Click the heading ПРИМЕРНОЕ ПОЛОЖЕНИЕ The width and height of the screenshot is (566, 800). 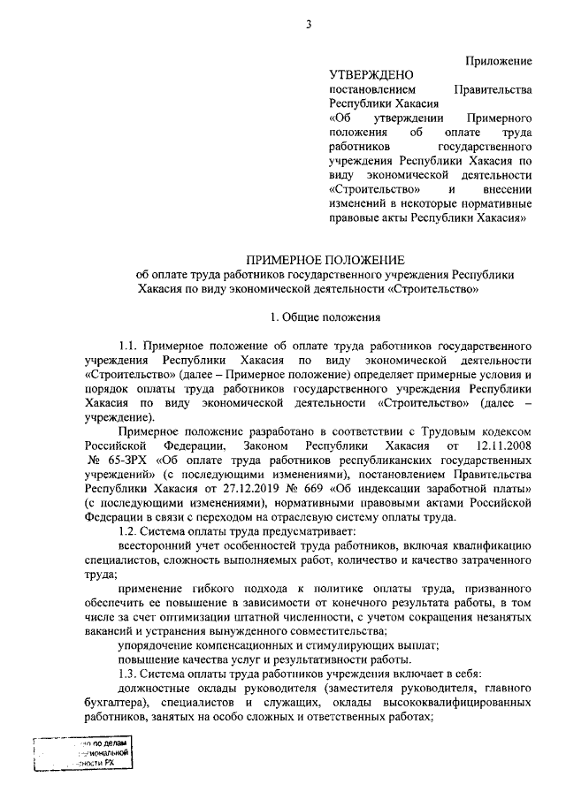[325, 259]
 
